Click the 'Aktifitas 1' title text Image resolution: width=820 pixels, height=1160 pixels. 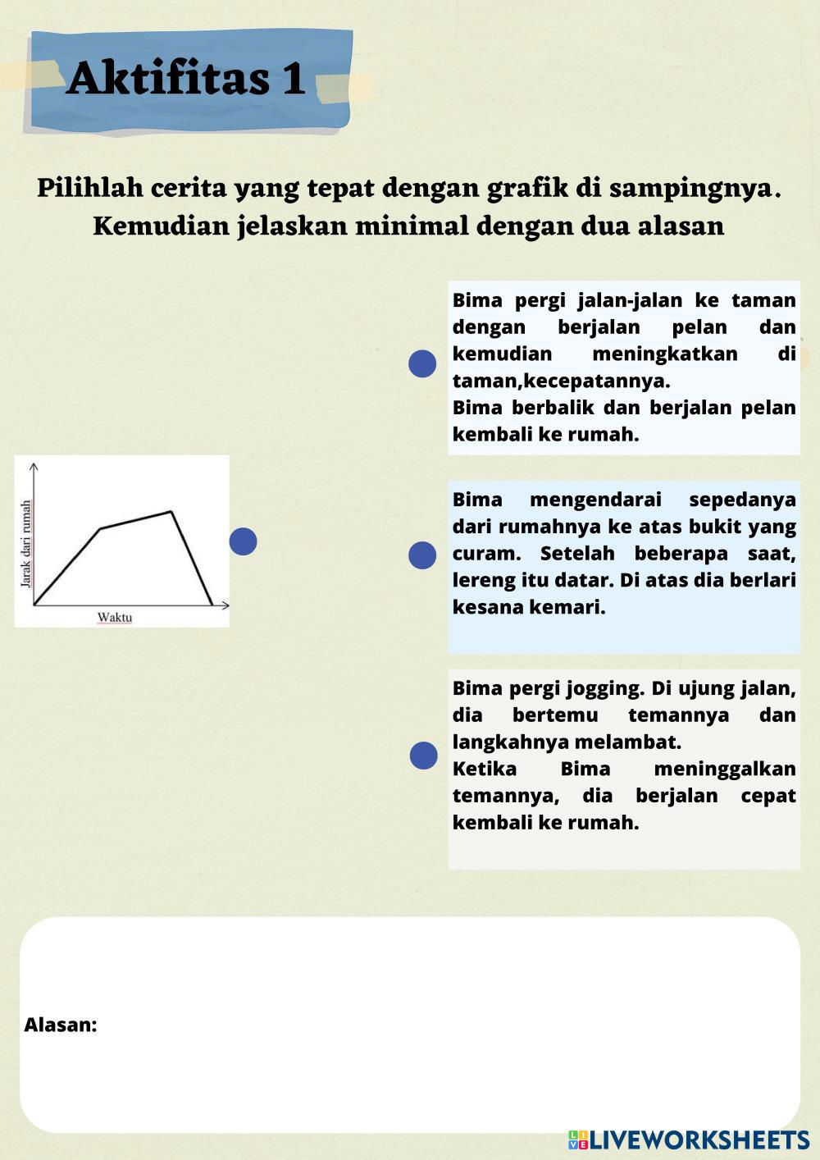click(x=187, y=79)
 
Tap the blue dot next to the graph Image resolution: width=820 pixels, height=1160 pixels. click(x=243, y=541)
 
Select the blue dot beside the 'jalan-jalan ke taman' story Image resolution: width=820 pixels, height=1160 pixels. click(x=422, y=363)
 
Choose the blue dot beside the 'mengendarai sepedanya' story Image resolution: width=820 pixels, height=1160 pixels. click(x=422, y=555)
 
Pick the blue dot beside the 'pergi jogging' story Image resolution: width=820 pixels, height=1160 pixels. click(x=423, y=756)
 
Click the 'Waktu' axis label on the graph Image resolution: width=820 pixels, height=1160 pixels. click(x=115, y=617)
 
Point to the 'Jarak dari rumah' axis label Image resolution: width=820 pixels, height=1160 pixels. click(x=25, y=543)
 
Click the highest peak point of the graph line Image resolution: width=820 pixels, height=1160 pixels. click(x=171, y=512)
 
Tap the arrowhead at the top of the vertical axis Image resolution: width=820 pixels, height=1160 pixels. click(x=34, y=466)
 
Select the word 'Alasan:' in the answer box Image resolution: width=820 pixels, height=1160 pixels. click(x=61, y=1025)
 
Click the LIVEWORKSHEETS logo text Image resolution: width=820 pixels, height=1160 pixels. click(x=699, y=1139)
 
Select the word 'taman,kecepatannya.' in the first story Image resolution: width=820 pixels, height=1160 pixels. click(x=561, y=381)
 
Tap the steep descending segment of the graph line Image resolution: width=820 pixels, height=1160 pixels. click(x=192, y=559)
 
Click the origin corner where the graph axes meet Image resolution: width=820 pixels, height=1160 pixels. click(x=34, y=605)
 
